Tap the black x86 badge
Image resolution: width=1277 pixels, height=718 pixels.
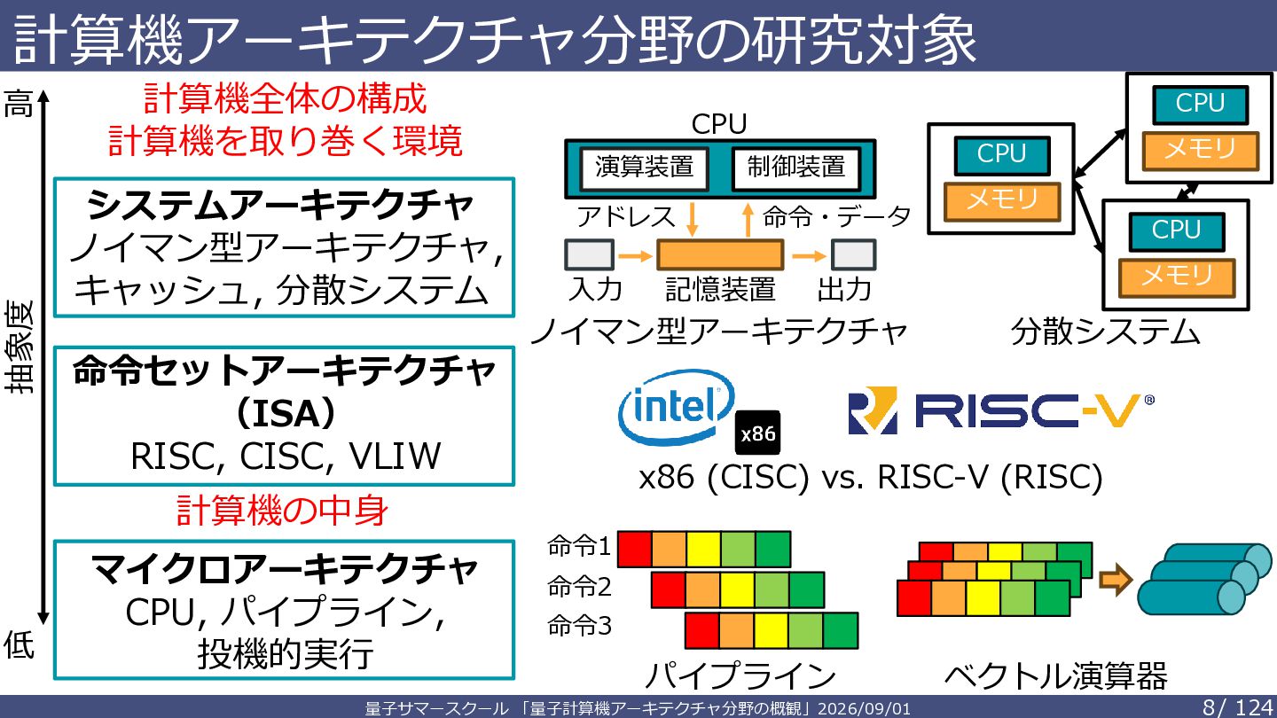point(757,433)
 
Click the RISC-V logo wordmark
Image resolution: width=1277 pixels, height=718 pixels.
point(1001,410)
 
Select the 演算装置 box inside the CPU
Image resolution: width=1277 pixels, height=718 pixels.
point(644,168)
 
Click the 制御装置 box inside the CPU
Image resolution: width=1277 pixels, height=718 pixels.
point(795,168)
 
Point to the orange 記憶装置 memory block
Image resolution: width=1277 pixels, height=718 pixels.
point(720,254)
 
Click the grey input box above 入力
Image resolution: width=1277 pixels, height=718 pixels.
point(589,254)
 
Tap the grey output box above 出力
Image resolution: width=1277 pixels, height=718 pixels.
point(853,254)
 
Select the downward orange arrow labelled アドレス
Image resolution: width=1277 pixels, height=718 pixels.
point(692,219)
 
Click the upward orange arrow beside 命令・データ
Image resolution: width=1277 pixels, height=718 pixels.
point(748,220)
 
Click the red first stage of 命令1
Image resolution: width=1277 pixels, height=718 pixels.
point(635,549)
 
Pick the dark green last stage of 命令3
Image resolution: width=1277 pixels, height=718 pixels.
point(841,630)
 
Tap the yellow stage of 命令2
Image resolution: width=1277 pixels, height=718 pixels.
point(737,589)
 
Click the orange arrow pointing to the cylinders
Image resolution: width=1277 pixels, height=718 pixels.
point(1116,580)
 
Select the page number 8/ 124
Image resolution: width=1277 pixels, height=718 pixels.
point(1238,707)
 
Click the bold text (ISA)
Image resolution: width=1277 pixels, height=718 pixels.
point(285,414)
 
